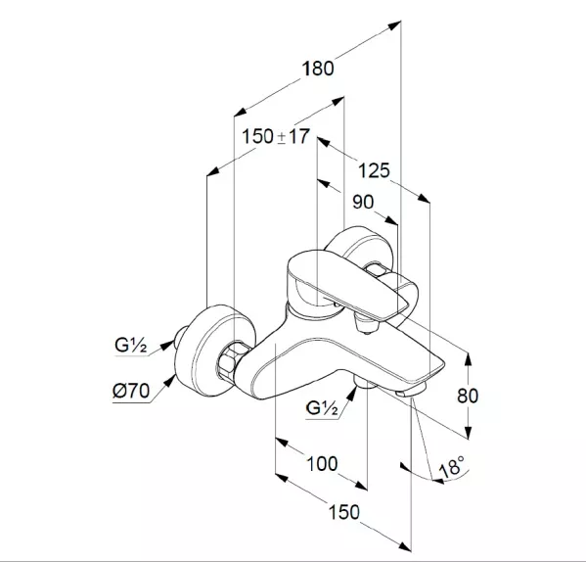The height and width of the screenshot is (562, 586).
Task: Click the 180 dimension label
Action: (318, 69)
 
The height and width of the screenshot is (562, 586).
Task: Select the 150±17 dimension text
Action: (276, 136)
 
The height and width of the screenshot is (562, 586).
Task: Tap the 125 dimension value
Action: (374, 171)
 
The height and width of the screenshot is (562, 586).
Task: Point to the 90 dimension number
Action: (363, 203)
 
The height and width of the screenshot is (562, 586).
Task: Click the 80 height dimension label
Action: (468, 396)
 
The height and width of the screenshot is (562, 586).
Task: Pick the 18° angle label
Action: (452, 466)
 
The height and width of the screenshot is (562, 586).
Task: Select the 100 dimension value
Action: (322, 464)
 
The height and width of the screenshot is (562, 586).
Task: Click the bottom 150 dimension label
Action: (343, 512)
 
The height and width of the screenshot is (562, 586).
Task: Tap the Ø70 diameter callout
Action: (131, 391)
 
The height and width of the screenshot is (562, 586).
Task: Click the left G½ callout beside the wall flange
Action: (130, 346)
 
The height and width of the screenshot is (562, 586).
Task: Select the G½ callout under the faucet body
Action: (322, 408)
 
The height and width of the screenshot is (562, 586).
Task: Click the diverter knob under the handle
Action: (367, 324)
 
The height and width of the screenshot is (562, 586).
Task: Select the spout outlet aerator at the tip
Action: (410, 391)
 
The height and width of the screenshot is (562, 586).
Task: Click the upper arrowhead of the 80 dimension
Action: (469, 359)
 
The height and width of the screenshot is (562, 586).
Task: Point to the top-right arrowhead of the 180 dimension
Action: (394, 25)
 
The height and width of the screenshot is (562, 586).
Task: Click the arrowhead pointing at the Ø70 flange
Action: (170, 382)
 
